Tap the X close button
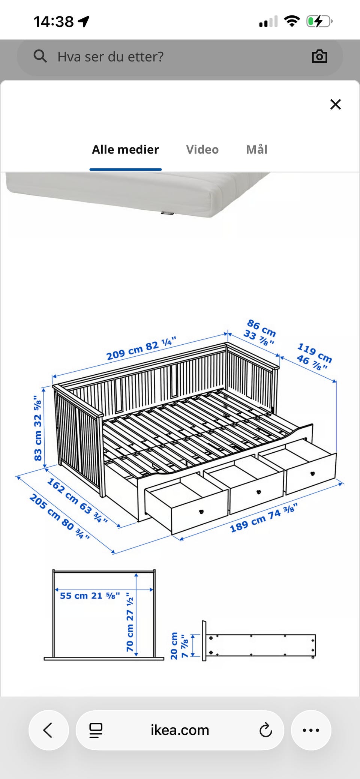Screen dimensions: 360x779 click(x=335, y=104)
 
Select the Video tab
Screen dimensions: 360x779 click(x=202, y=149)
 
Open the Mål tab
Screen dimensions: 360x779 click(x=256, y=149)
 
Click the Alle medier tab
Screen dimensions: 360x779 click(x=125, y=149)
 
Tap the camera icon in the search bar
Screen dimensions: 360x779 click(x=319, y=56)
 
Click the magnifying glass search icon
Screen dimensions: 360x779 click(x=40, y=56)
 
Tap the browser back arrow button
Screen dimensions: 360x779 click(x=48, y=730)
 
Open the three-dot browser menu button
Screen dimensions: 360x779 click(x=311, y=730)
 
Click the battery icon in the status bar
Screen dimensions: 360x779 click(x=319, y=21)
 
